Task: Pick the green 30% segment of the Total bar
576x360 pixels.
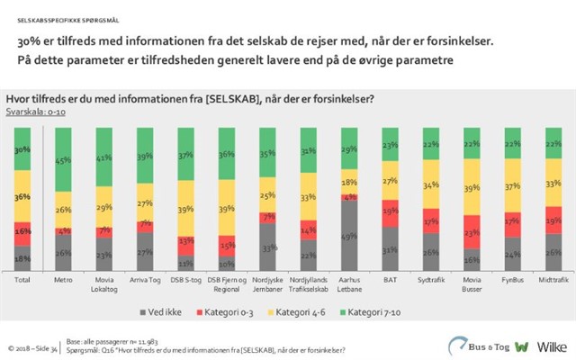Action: pos(22,149)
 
